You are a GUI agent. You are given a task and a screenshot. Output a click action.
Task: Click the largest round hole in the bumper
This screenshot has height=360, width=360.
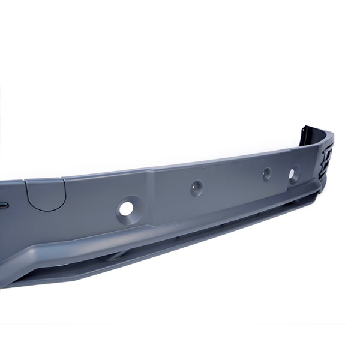(126, 209)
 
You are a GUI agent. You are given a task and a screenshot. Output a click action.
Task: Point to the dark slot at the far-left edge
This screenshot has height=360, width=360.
(3, 205)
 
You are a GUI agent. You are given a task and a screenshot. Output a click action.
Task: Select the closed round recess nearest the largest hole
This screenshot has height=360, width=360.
(196, 188)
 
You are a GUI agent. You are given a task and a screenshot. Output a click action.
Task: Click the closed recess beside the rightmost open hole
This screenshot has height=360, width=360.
(266, 174)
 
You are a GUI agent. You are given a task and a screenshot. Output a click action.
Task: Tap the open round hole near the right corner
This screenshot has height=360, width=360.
(293, 173)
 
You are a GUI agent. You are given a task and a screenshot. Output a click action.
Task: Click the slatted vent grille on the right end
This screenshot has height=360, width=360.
(327, 159)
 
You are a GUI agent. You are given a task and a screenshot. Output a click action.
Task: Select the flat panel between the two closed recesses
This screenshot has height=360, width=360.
(231, 180)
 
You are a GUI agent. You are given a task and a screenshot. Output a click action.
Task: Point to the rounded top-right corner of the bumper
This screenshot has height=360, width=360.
(329, 135)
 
